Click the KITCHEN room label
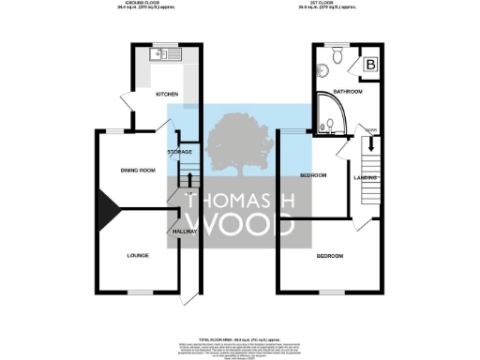[x=167, y=95]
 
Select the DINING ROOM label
[x=137, y=170]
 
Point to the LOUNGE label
[x=140, y=254]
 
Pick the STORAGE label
[x=180, y=152]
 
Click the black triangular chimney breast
[x=103, y=212]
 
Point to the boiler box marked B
[x=369, y=64]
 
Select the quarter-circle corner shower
[x=329, y=121]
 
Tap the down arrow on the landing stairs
[x=371, y=144]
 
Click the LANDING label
[x=366, y=176]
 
